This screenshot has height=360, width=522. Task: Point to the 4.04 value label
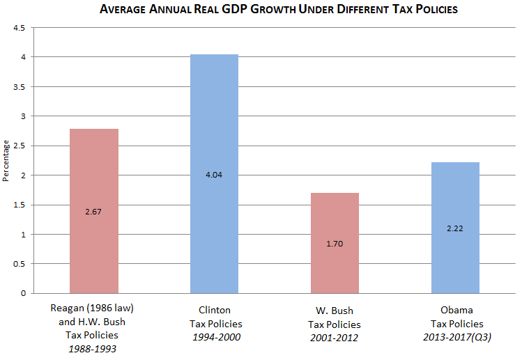(x=214, y=175)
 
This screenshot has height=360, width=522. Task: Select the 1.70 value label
(x=335, y=244)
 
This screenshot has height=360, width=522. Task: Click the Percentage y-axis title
(x=6, y=160)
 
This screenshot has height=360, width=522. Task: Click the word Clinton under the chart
(x=215, y=310)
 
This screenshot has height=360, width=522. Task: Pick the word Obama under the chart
(x=456, y=310)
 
